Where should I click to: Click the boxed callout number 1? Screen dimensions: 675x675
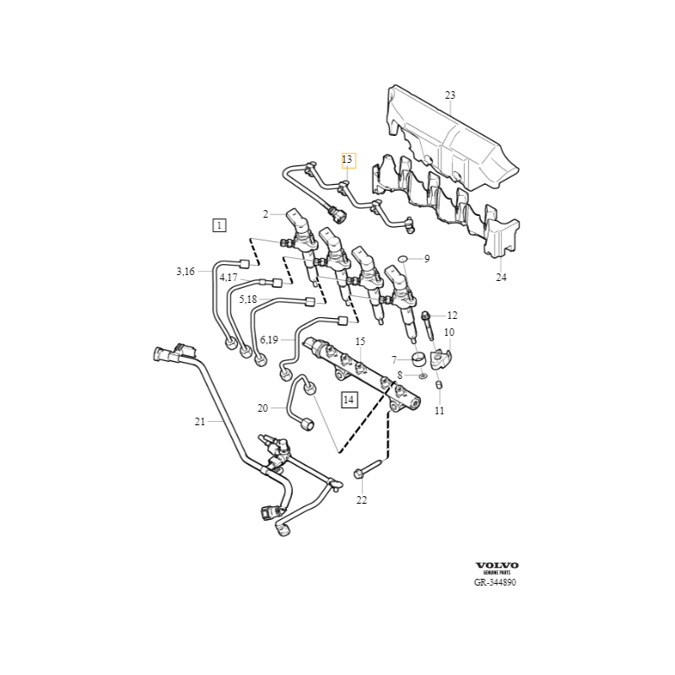pyautogui.click(x=219, y=225)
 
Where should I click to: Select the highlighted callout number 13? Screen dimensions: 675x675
pyautogui.click(x=348, y=159)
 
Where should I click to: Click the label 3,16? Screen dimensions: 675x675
pyautogui.click(x=185, y=271)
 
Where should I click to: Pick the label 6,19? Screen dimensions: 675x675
pyautogui.click(x=269, y=339)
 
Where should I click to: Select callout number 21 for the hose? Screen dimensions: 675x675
pyautogui.click(x=199, y=421)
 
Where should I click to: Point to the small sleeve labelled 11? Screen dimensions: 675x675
pyautogui.click(x=439, y=386)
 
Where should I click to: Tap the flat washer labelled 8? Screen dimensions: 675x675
pyautogui.click(x=423, y=375)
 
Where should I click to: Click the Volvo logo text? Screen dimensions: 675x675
pyautogui.click(x=497, y=564)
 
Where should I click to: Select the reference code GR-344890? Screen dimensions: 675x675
pyautogui.click(x=494, y=583)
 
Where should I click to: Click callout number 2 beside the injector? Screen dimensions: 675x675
pyautogui.click(x=266, y=214)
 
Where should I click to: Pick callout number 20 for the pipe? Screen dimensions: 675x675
pyautogui.click(x=262, y=408)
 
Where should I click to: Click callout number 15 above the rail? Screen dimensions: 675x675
pyautogui.click(x=359, y=342)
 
